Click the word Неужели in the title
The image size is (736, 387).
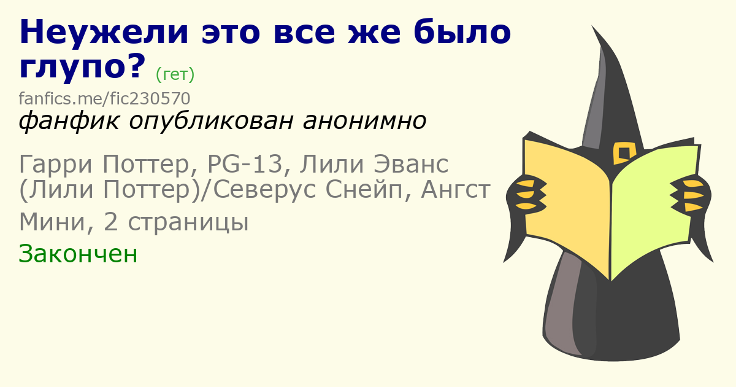(104, 32)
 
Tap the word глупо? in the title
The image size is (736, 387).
(82, 67)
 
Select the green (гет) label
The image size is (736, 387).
(175, 75)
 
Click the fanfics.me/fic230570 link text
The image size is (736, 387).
(104, 98)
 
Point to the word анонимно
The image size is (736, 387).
(364, 121)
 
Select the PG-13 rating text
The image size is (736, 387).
(245, 163)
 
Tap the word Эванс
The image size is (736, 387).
(411, 164)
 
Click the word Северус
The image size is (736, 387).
(264, 190)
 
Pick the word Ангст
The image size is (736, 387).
(456, 190)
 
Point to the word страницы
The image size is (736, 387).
(188, 222)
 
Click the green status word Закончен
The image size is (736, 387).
(78, 254)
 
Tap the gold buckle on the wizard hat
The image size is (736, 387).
(624, 153)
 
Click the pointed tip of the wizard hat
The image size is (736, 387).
(592, 26)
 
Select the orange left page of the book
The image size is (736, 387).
(567, 204)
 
